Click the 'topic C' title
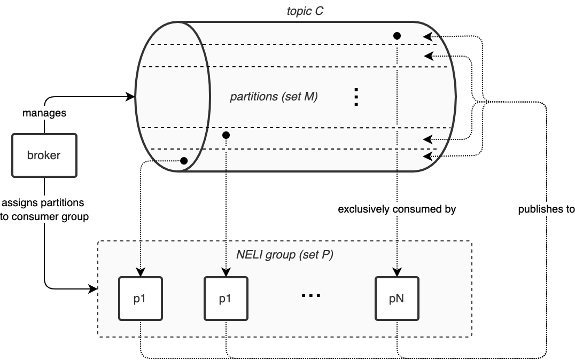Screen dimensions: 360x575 point(304,10)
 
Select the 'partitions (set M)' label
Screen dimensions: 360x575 point(274,97)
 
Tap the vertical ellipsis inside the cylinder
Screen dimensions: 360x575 point(356,97)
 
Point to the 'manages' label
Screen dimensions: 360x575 point(44,113)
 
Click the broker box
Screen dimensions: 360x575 point(44,155)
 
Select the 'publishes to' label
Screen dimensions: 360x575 point(546,209)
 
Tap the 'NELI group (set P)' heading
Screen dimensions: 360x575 point(284,254)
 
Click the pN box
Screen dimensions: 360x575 point(397,299)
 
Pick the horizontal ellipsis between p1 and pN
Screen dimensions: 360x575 point(311,295)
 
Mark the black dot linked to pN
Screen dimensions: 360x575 point(397,36)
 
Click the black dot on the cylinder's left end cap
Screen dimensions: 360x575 point(184,161)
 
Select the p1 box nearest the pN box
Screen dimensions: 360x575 point(226,299)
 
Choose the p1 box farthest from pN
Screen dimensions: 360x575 point(140,299)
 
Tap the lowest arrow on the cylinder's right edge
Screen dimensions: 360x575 point(428,156)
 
